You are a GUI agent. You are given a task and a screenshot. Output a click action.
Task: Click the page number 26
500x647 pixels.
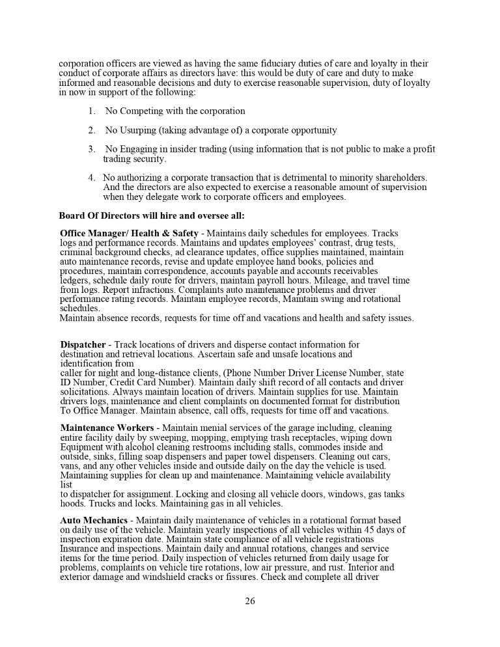250,601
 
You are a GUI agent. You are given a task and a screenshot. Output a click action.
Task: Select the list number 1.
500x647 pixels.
91,111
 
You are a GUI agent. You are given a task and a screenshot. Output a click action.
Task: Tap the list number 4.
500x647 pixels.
91,177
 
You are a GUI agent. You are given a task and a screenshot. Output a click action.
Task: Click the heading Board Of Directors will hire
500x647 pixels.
152,215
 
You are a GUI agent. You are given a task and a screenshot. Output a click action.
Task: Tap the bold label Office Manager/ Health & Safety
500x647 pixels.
129,233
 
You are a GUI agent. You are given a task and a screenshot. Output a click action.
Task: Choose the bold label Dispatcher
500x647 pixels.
83,344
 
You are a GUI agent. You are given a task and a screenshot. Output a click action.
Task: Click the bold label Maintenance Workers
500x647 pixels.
107,428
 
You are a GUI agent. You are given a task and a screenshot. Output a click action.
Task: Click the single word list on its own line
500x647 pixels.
66,485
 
